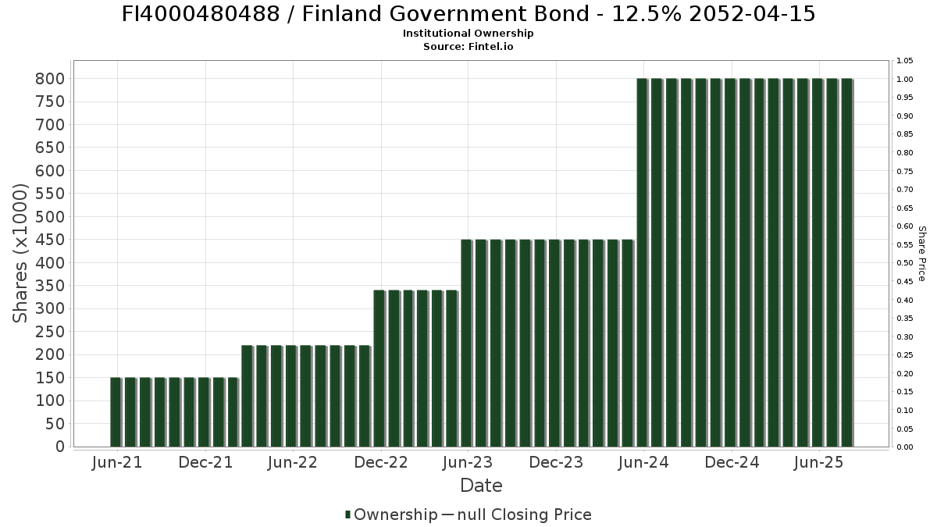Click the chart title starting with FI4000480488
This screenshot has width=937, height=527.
coord(468,14)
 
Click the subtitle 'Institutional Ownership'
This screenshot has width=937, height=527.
coord(468,34)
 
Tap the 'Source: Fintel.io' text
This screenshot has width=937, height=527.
coord(468,47)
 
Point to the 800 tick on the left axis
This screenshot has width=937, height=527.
coord(49,79)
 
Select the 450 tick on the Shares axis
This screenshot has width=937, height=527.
coord(49,240)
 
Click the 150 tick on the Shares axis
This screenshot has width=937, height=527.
coord(49,378)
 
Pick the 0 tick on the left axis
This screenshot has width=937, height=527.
coord(60,447)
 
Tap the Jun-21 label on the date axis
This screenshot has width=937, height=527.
coord(117,463)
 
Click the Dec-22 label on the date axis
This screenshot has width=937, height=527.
coord(381,463)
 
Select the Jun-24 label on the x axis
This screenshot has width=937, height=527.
coord(643,463)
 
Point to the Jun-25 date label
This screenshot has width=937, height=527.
coord(818,463)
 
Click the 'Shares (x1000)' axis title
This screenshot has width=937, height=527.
coord(21,253)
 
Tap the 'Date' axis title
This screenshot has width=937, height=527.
coord(481,486)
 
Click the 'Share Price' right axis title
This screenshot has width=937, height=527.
coord(921,253)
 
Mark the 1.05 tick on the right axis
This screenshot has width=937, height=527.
coord(905,61)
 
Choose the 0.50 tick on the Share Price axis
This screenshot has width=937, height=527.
coord(905,263)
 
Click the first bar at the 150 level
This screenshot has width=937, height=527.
coord(116,412)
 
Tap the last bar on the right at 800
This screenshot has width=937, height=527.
coord(846,263)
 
